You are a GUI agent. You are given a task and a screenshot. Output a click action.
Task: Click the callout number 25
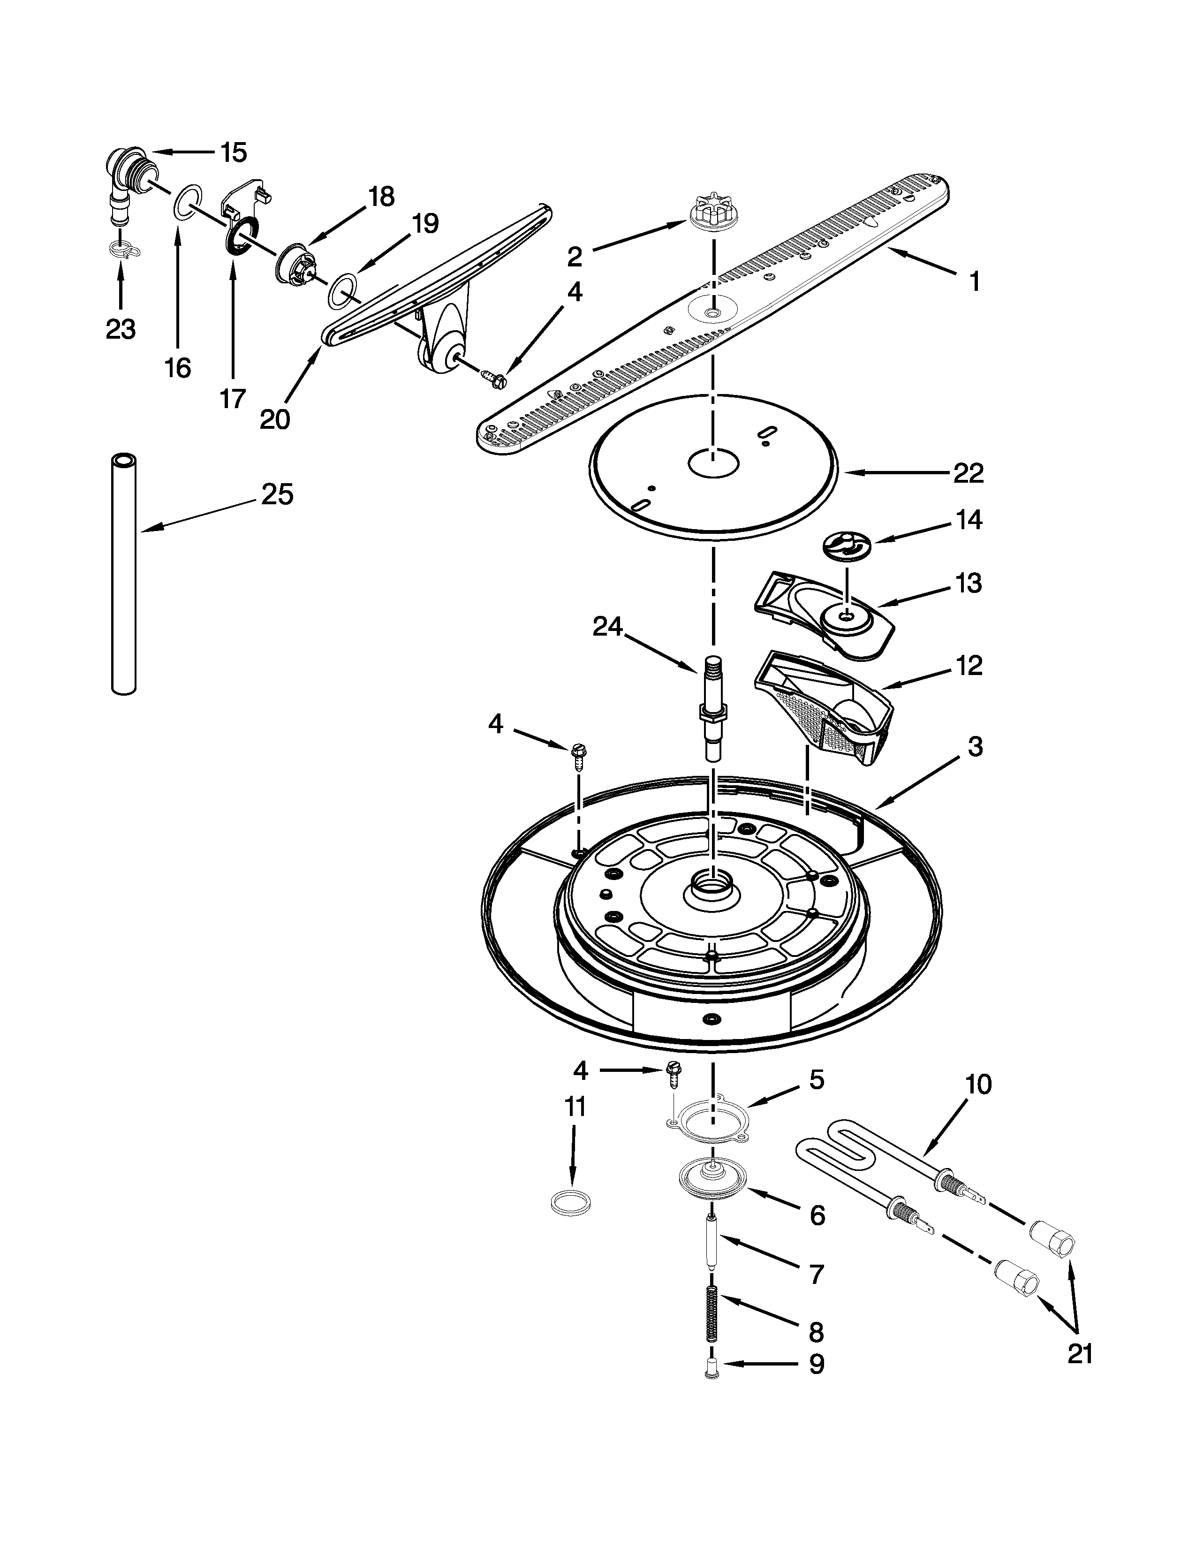click(277, 495)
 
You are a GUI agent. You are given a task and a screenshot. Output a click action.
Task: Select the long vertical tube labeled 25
click(124, 574)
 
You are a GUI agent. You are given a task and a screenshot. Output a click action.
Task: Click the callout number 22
click(968, 473)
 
